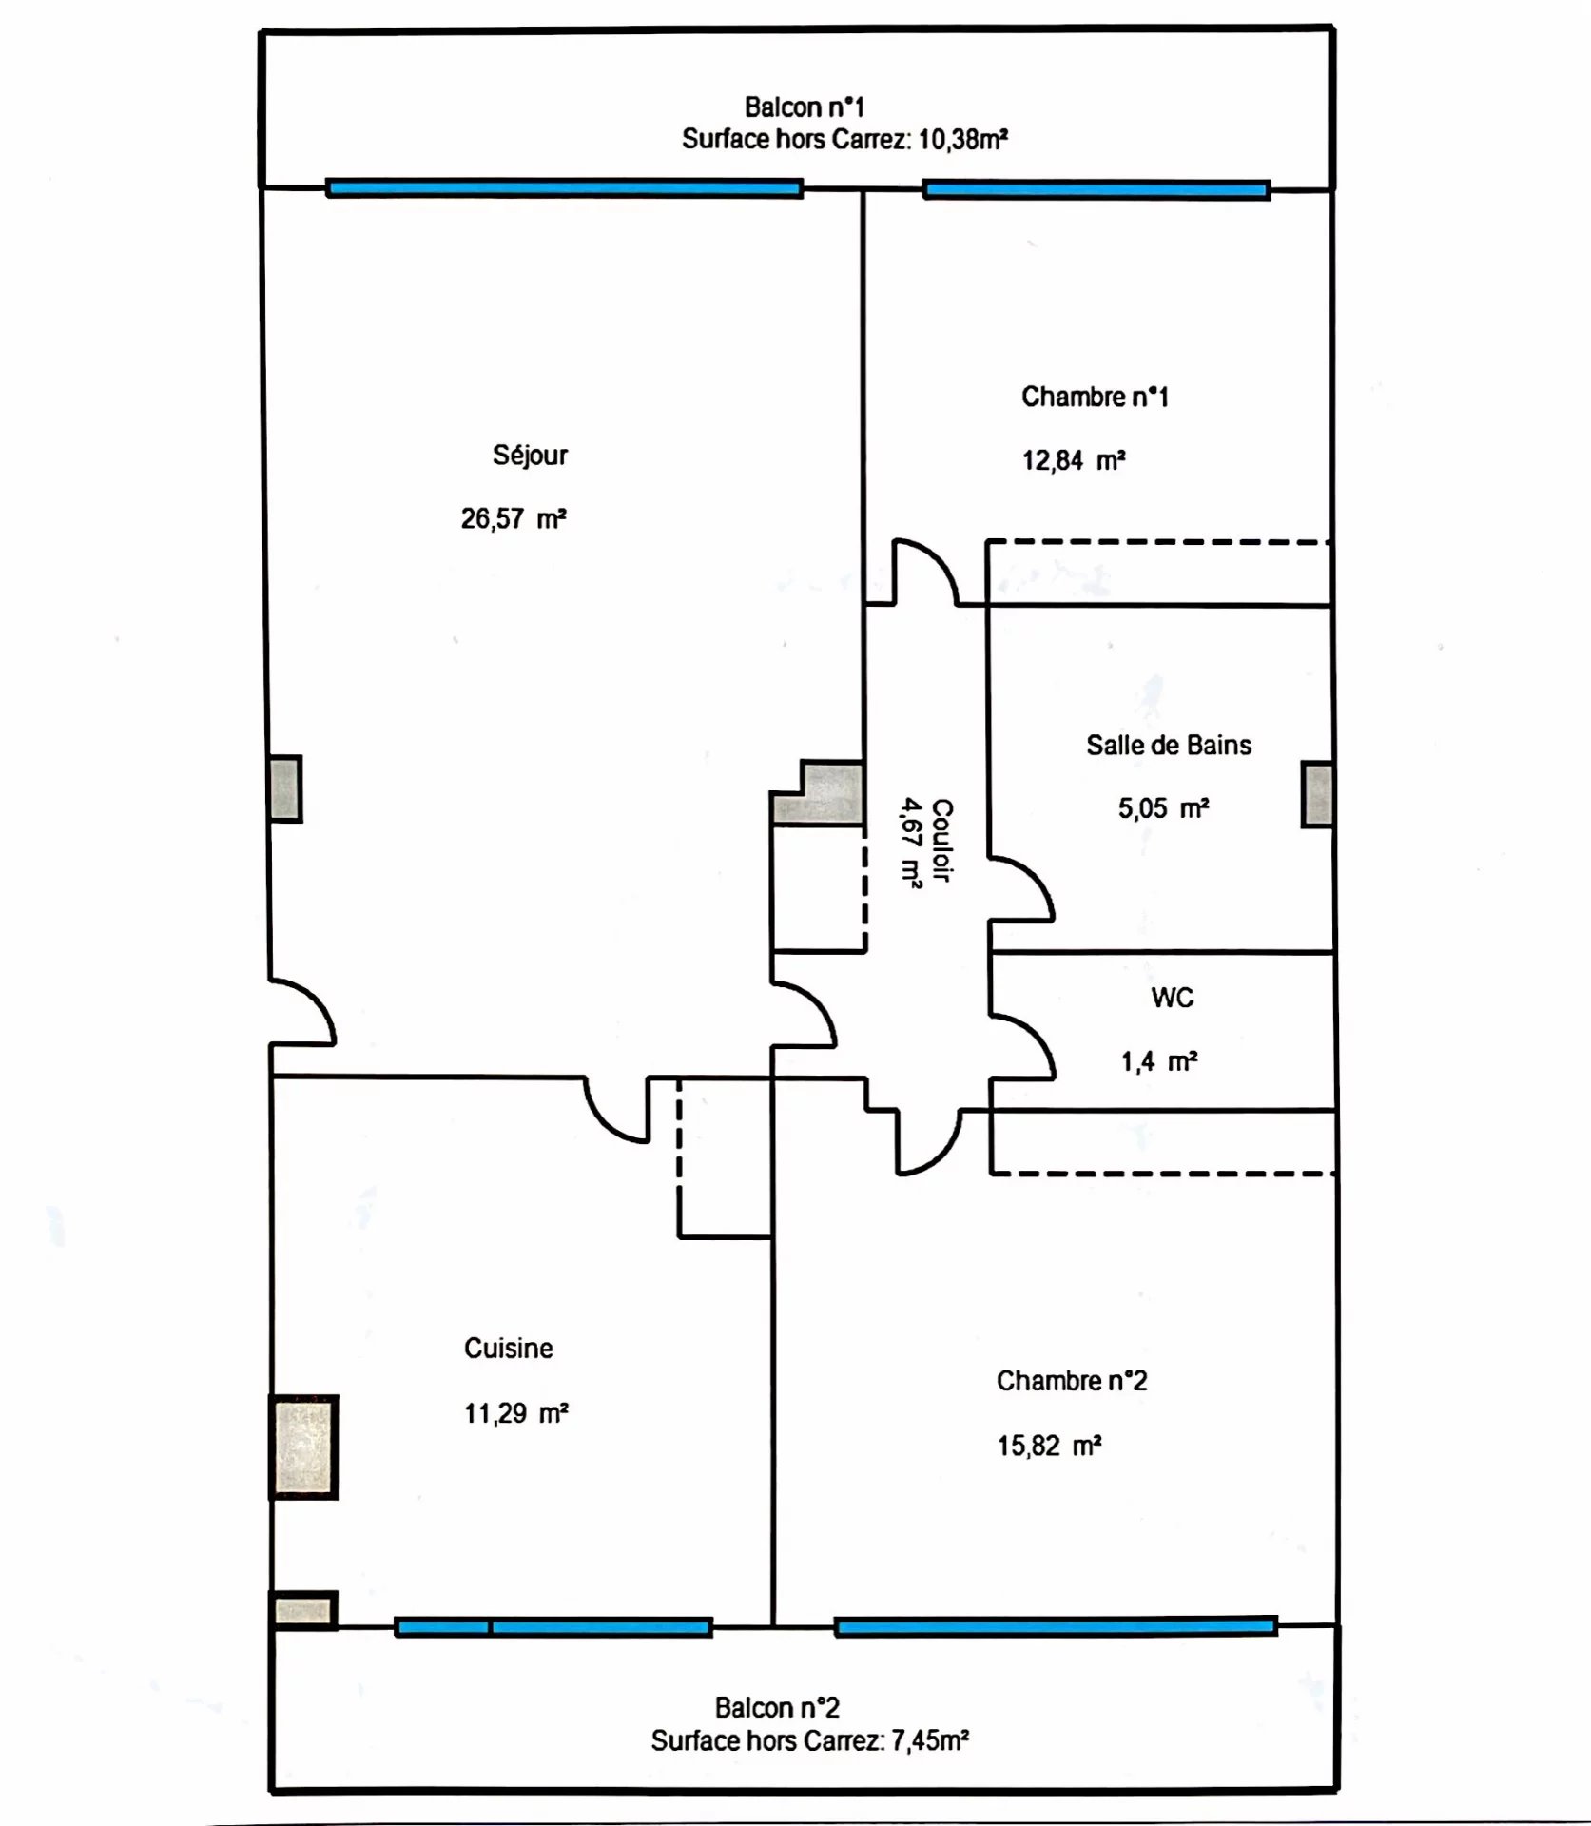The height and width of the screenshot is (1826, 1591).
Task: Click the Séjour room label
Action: [530, 456]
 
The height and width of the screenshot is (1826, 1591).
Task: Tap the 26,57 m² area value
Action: [514, 518]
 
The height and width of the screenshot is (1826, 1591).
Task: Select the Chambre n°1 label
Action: [1095, 397]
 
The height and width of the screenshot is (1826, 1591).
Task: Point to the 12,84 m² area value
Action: [1074, 460]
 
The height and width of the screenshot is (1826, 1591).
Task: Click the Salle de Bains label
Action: [1169, 745]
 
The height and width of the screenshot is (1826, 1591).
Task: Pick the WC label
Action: [1172, 998]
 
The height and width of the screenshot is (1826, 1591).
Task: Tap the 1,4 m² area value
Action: [1159, 1061]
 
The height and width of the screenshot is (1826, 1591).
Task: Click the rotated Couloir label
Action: [941, 840]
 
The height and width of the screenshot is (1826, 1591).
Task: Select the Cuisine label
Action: [509, 1348]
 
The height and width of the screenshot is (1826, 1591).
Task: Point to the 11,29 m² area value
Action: [516, 1413]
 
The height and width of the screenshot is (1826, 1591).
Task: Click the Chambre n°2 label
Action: [1072, 1380]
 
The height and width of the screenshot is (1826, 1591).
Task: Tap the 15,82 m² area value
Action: [1049, 1446]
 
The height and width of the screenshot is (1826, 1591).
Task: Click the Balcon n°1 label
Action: [805, 107]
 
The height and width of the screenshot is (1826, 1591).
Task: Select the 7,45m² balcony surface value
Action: [930, 1740]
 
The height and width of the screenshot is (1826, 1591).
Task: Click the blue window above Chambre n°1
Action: [1096, 190]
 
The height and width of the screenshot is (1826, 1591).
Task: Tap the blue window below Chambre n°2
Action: [1056, 1626]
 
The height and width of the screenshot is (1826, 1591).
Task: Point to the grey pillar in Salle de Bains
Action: [1317, 794]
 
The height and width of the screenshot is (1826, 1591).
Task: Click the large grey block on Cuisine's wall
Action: [304, 1447]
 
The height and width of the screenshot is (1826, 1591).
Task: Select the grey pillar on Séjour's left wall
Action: [285, 788]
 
